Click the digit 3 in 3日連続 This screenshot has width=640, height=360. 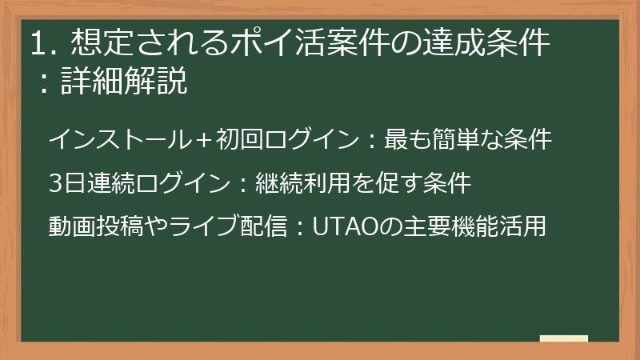click(54, 183)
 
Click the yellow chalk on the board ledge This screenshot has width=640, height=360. click(563, 338)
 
